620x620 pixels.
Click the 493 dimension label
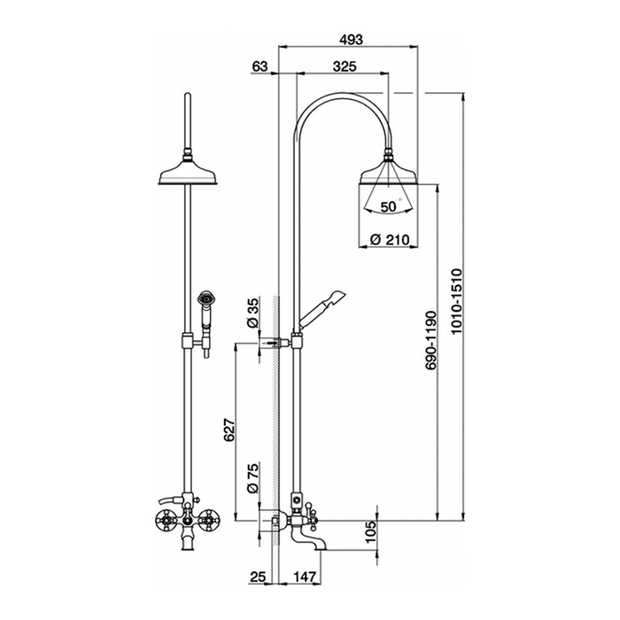[351, 40]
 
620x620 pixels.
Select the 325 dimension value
[345, 66]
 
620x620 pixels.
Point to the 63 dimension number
[260, 66]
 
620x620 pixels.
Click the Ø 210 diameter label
[390, 240]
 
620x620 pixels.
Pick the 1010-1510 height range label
[456, 301]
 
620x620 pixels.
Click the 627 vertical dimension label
[229, 430]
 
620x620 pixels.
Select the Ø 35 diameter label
[252, 313]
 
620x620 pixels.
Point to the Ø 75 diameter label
[252, 478]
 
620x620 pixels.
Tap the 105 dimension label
[370, 531]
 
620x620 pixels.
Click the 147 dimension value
[305, 577]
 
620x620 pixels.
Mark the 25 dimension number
[258, 577]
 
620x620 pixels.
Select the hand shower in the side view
[321, 309]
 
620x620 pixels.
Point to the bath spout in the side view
[309, 539]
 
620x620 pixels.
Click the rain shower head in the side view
[388, 174]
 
